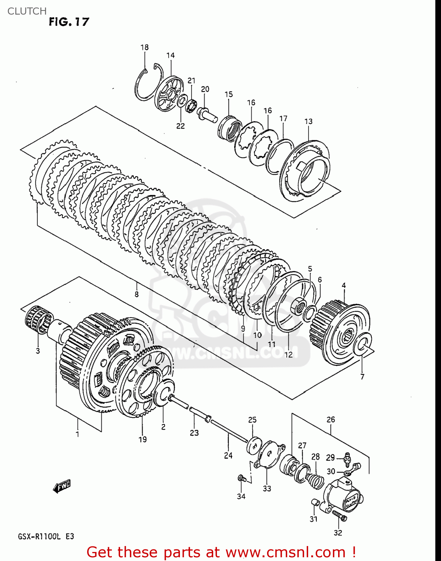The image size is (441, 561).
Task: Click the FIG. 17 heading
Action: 69,22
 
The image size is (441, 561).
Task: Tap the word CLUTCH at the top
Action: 27,11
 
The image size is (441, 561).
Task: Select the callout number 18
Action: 144,47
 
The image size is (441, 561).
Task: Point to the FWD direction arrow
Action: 62,487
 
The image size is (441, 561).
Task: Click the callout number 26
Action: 331,419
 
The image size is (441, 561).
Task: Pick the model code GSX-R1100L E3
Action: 46,537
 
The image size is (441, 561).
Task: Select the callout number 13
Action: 308,121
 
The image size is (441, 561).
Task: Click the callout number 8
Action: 137,294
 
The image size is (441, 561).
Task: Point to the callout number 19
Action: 143,439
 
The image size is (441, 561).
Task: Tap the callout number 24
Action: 228,455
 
